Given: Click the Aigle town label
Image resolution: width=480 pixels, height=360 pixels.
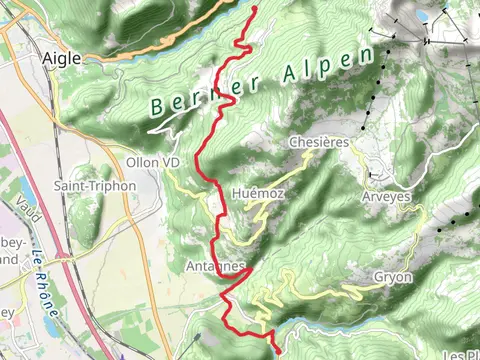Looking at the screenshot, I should (62, 59).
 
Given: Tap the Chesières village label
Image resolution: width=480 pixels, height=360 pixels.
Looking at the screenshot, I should (318, 143).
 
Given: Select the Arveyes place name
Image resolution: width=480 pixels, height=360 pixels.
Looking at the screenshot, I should (386, 197).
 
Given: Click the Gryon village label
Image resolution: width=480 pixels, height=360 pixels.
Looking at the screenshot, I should (393, 277).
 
